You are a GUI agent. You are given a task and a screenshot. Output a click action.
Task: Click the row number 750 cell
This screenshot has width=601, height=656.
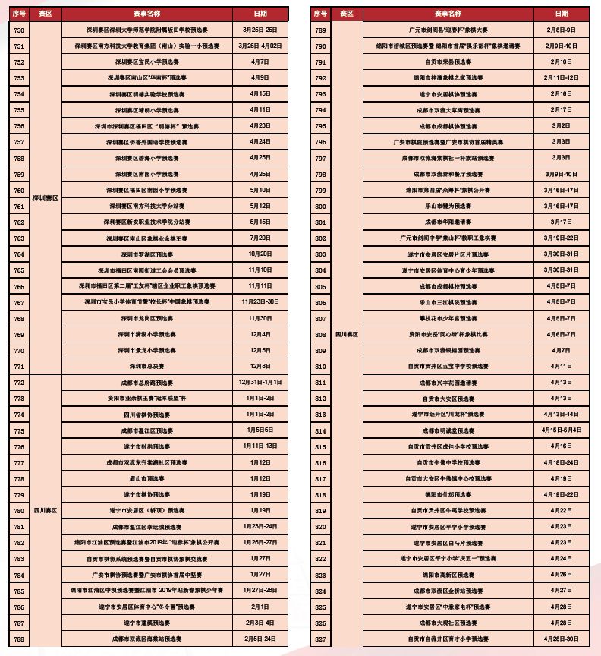point(19,30)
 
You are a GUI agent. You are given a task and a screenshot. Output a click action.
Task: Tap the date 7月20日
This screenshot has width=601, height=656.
point(260,238)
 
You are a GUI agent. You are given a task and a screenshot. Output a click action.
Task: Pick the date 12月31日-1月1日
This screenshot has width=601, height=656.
point(260,383)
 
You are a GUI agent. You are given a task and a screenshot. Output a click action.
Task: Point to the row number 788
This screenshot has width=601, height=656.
point(19,639)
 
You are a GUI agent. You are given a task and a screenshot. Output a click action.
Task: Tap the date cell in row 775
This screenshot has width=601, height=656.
point(260,430)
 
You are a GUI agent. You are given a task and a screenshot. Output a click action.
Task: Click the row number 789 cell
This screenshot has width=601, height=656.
point(320,30)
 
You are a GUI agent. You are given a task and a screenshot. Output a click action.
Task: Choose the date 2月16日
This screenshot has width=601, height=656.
point(561,94)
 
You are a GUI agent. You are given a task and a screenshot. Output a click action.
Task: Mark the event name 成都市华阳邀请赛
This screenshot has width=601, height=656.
point(448,222)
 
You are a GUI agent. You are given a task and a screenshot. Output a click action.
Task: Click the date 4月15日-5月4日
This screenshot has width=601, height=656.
point(561,430)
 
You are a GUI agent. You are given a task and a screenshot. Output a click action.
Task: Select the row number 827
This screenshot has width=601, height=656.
point(320,639)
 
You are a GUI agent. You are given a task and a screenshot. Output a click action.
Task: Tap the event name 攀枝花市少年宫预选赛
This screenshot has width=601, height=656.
point(448,319)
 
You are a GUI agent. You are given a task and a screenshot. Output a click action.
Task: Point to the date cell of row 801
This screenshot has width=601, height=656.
point(561,222)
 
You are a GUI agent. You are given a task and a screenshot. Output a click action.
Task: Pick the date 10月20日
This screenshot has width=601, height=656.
point(260,254)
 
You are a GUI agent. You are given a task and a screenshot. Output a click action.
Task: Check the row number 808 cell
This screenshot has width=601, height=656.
point(320,335)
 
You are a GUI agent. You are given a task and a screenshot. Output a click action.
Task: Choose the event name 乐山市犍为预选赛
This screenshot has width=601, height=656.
point(448,207)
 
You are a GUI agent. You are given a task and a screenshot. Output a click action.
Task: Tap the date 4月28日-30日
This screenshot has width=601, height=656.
point(561,639)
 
